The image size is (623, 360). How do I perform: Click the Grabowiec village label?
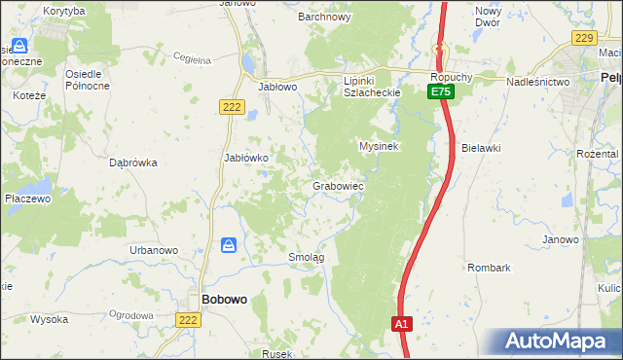click(x=338, y=185)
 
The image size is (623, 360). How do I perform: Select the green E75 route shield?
click(x=441, y=91)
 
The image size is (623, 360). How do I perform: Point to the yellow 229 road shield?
click(x=583, y=38)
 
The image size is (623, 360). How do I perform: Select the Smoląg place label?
click(x=307, y=257)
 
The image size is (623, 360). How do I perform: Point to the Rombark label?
click(x=489, y=267)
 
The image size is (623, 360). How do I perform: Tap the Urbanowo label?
click(x=154, y=250)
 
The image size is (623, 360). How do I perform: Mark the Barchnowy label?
click(x=324, y=17)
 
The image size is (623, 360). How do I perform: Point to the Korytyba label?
click(x=64, y=11)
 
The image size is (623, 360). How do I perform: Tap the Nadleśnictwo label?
click(x=537, y=83)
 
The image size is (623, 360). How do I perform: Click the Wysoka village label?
click(x=49, y=319)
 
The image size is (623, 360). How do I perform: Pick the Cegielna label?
click(x=193, y=59)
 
